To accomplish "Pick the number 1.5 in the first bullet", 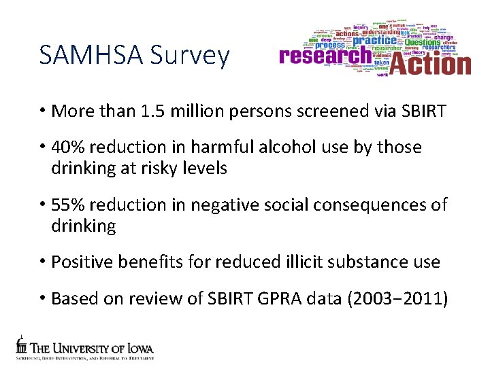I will coord(158,110).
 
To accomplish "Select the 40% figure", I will coord(67,147).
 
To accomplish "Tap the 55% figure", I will coord(67,205).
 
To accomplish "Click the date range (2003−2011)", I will coord(397,298).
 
